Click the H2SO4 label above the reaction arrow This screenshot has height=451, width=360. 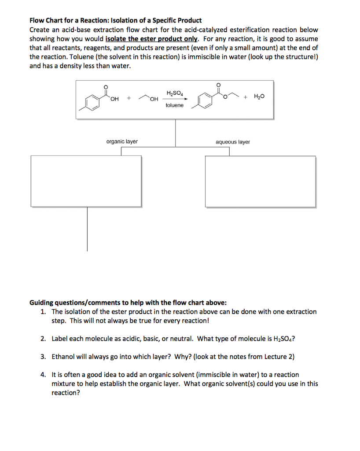[174, 92]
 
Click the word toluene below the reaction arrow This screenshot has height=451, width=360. [175, 106]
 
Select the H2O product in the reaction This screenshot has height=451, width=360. [259, 97]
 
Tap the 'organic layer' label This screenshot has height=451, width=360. [122, 141]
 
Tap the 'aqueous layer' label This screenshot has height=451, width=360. [232, 142]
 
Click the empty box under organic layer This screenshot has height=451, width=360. [87, 181]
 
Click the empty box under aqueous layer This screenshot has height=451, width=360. [260, 181]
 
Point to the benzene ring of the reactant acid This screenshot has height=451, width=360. [93, 102]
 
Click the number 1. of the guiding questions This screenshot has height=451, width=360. [43, 311]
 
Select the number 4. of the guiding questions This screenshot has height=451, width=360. [43, 375]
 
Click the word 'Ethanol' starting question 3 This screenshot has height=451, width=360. [64, 357]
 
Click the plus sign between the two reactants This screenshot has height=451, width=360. [129, 97]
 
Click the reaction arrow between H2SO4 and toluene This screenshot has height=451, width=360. [175, 99]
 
